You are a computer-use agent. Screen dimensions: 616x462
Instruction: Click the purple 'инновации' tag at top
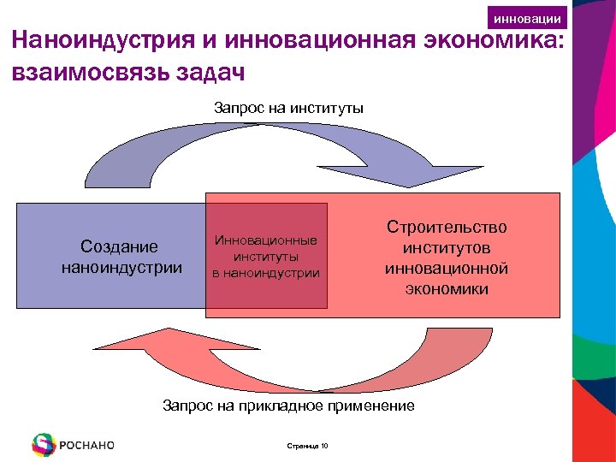tap(528, 18)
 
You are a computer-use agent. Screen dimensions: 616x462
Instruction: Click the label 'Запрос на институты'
tap(288, 108)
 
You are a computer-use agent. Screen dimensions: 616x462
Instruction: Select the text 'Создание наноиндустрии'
tap(121, 258)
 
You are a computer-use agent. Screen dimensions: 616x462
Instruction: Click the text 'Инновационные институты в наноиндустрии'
tap(266, 258)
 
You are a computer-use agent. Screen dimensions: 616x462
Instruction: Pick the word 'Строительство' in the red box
tap(447, 228)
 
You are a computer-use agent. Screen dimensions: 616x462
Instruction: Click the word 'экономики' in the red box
tap(447, 289)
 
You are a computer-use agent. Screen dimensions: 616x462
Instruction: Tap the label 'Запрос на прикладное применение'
tap(288, 406)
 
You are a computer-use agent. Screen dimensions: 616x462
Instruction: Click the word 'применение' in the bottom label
tap(372, 406)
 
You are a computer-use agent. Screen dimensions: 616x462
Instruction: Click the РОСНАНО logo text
tap(87, 445)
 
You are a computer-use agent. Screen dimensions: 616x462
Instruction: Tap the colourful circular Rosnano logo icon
tap(43, 444)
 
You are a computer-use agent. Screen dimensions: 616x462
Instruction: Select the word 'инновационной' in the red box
tap(447, 269)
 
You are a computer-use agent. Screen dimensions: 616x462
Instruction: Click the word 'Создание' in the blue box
tap(119, 247)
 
